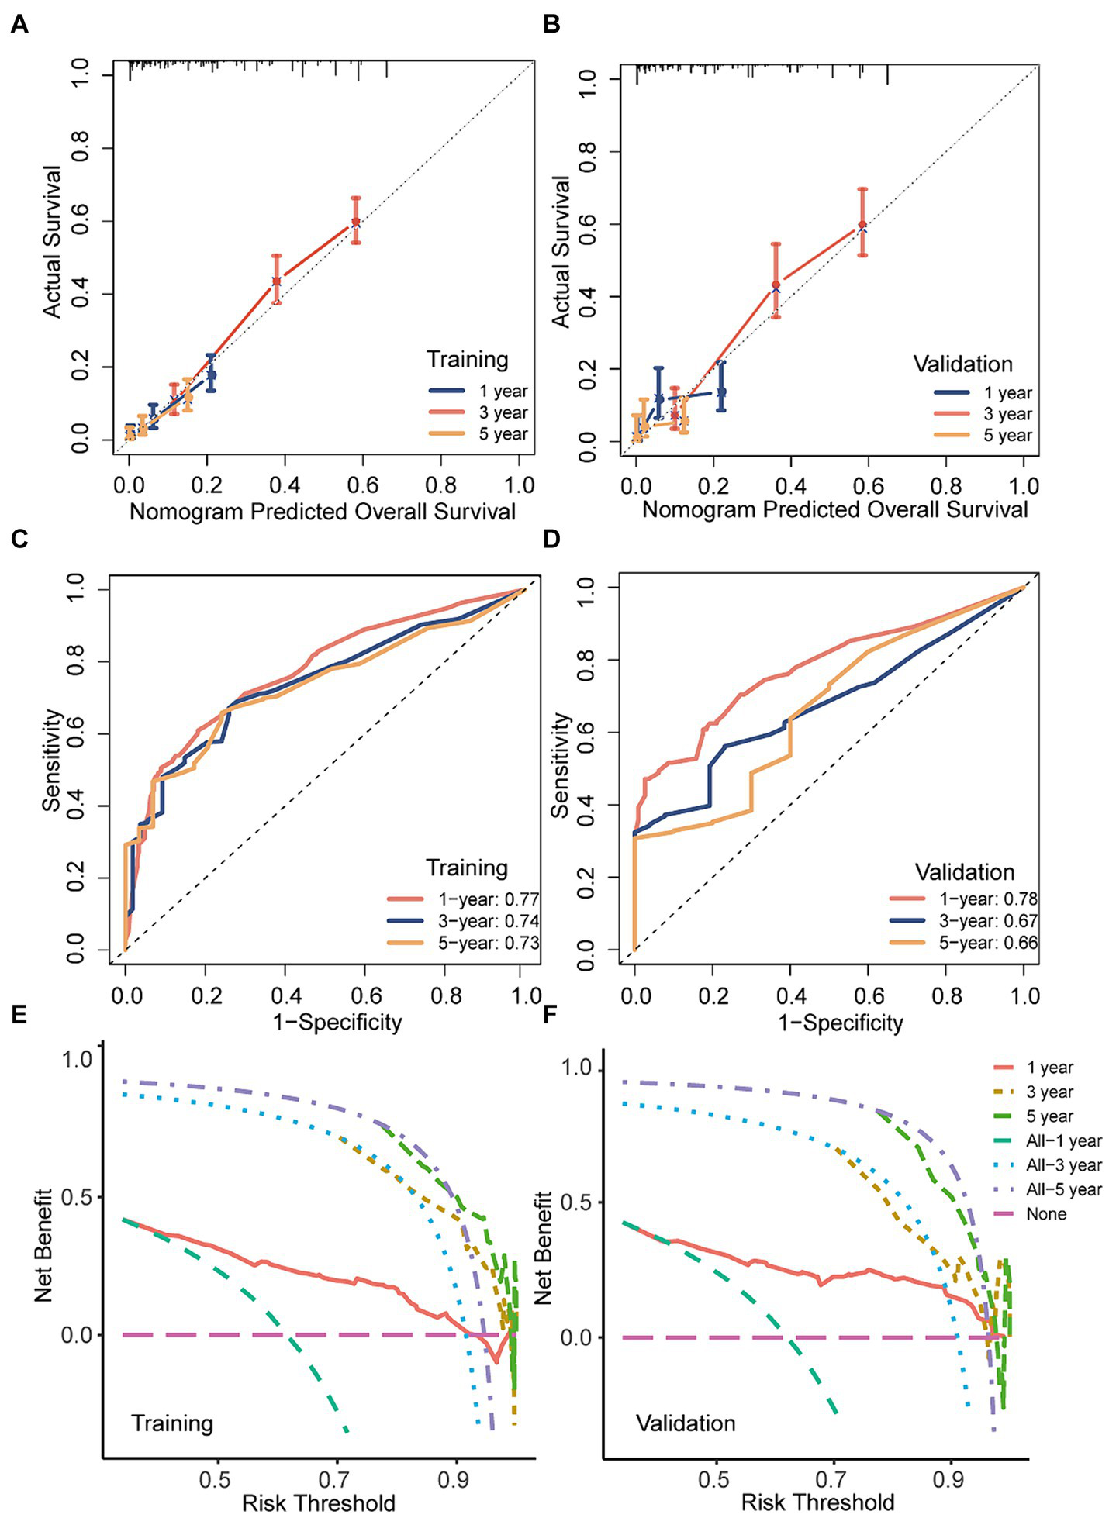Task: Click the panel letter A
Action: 19,25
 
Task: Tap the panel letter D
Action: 551,538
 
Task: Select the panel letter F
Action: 551,1013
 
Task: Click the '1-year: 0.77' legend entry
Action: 488,899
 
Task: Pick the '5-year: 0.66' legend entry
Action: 987,943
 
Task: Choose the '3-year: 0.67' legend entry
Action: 987,921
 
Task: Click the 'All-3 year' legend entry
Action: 1063,1165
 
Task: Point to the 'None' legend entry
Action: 1046,1214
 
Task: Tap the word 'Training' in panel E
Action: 171,1423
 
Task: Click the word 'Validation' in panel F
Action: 686,1423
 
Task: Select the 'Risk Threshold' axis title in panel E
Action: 319,1502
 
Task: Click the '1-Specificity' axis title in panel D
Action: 841,1023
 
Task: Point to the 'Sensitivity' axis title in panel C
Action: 51,760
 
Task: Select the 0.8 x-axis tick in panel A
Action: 441,485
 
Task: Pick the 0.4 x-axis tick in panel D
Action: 791,995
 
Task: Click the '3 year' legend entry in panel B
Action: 1007,414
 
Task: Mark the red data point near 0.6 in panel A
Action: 355,222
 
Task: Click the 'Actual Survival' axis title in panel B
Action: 561,252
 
